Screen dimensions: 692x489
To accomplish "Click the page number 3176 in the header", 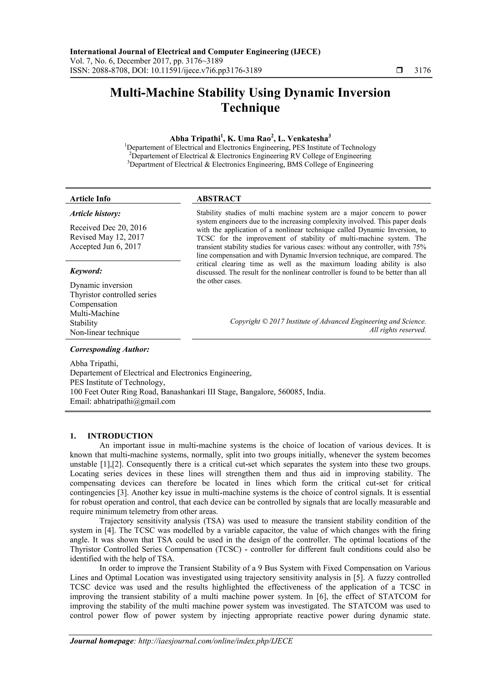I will pos(422,70).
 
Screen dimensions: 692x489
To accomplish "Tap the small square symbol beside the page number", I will pos(399,70).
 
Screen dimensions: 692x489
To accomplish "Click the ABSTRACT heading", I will pos(219,198).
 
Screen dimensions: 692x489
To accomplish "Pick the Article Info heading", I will pos(90,198).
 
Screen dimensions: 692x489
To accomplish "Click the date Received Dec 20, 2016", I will pos(108,228).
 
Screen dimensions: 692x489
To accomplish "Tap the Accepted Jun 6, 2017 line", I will pos(106,247).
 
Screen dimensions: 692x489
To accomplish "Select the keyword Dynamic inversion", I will pos(101,285).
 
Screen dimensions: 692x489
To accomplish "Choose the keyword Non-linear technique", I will pos(105,333).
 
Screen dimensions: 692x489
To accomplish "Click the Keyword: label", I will pos(86,271).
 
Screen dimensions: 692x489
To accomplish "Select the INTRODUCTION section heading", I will pos(120,436).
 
